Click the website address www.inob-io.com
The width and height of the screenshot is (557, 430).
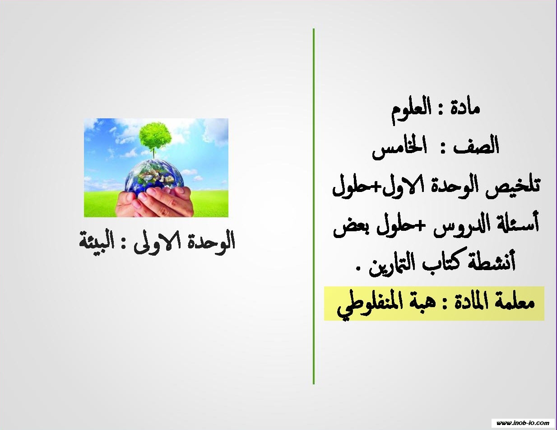[x=523, y=423]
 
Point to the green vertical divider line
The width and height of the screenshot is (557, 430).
[x=314, y=206]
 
